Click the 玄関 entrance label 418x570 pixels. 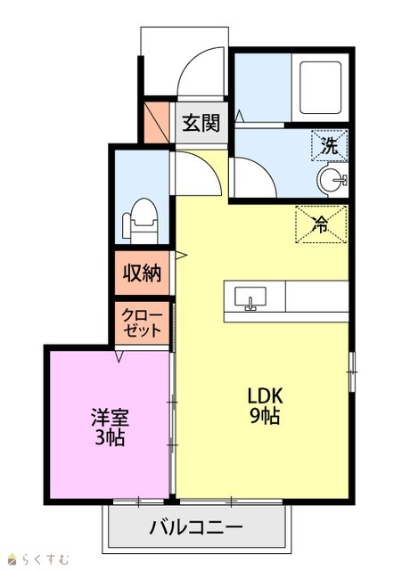[201, 123]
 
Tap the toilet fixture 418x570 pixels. [141, 221]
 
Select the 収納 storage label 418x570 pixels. [143, 273]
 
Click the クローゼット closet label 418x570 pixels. [143, 323]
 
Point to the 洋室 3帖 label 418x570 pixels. [110, 427]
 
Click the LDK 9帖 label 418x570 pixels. [266, 406]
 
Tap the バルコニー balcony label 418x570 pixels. [196, 526]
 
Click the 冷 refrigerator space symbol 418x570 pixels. [321, 224]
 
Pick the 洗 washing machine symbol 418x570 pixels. [330, 146]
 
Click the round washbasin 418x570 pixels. [332, 179]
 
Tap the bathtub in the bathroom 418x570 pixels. [321, 87]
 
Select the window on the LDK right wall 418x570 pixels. [351, 371]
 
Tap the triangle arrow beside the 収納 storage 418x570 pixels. [181, 256]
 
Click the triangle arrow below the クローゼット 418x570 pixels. [119, 356]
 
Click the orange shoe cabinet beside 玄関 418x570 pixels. [157, 123]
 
